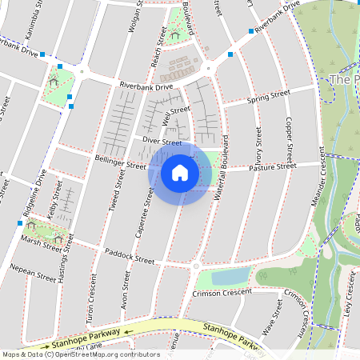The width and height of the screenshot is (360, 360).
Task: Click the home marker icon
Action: (x=180, y=172)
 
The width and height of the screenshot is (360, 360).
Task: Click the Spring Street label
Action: (x=268, y=97)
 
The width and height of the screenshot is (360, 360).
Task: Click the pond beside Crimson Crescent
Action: (x=231, y=276)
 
